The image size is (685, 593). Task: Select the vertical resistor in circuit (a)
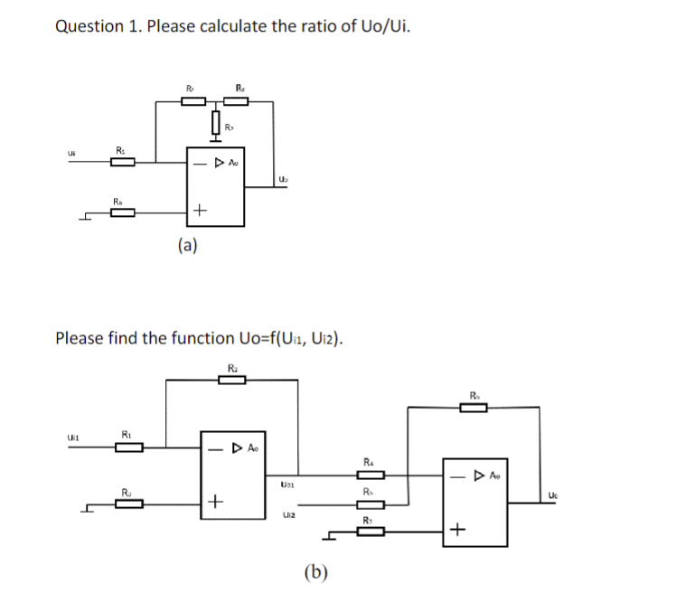click(x=217, y=120)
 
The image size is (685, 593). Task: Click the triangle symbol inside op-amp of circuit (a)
click(x=218, y=164)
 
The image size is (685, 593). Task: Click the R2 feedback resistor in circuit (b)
click(x=232, y=381)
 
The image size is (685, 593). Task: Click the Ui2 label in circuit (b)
click(x=288, y=513)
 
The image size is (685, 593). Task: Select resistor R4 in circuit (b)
click(x=373, y=475)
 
